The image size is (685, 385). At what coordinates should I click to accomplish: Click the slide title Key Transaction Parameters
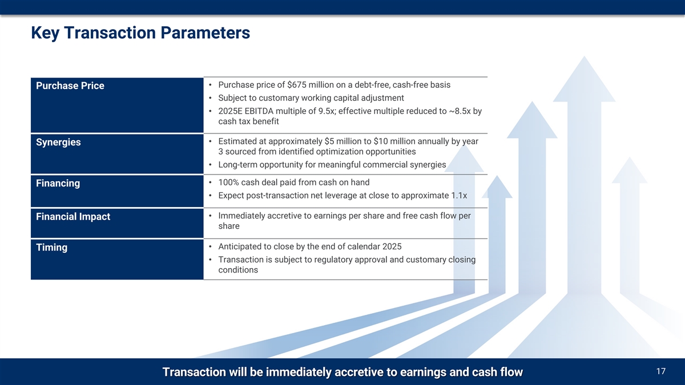(140, 33)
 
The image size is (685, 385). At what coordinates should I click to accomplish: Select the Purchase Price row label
(70, 86)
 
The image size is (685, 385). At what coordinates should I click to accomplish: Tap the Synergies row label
(58, 143)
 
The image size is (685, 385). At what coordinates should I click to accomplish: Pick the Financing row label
(58, 183)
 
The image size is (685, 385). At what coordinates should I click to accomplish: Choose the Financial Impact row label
(73, 217)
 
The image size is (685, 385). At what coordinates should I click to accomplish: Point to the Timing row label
(52, 247)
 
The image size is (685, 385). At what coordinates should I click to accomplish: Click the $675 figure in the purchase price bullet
(297, 84)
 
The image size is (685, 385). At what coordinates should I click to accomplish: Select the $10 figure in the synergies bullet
(380, 141)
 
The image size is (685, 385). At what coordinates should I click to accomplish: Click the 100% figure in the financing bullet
(228, 183)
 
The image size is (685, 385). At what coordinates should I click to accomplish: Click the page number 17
(661, 371)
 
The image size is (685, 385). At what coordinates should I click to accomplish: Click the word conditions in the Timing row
(238, 270)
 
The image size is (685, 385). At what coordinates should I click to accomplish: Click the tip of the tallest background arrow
(585, 56)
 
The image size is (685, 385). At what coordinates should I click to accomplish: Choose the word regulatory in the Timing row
(336, 260)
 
